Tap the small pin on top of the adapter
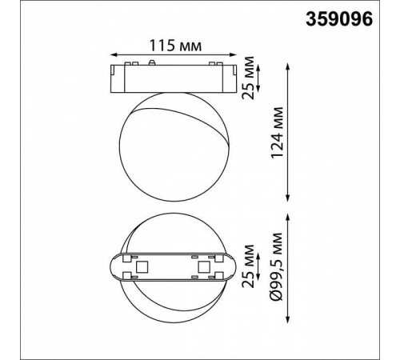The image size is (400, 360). pos(152,60)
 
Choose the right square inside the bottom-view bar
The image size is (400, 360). pos(202,266)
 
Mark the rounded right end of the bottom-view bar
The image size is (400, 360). pos(230,266)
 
